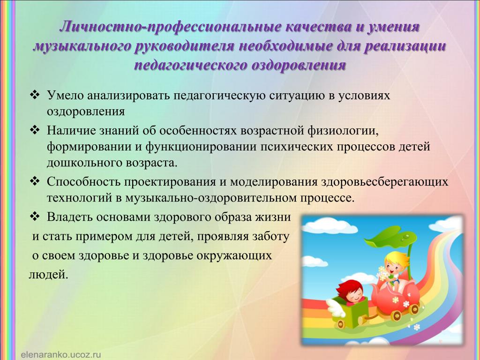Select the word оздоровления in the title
click(x=299, y=65)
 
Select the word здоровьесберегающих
click(x=384, y=182)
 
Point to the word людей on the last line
click(x=48, y=275)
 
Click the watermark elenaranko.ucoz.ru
click(x=61, y=355)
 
